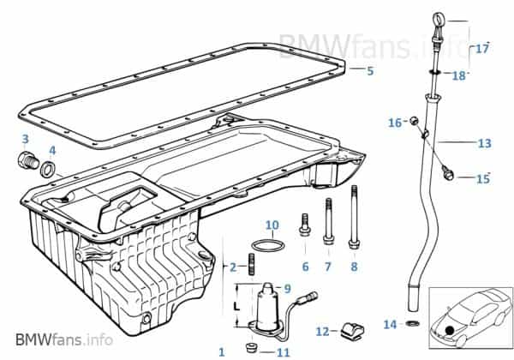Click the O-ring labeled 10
[x=272, y=249]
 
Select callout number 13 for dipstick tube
[x=484, y=142]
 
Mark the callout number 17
[x=482, y=48]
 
